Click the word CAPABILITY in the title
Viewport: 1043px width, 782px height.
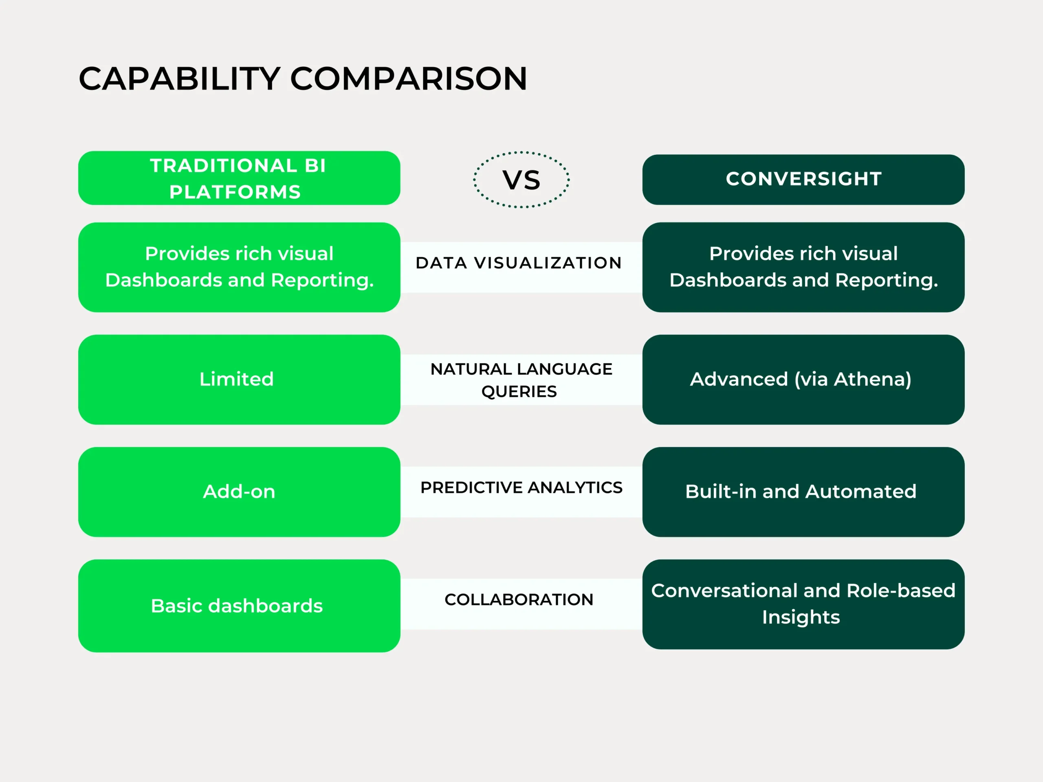pos(180,79)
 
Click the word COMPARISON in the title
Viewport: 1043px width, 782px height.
pos(408,79)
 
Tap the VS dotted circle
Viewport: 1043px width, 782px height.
pos(521,180)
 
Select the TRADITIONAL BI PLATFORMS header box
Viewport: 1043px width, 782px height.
pos(239,178)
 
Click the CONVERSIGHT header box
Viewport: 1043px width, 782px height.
pos(803,180)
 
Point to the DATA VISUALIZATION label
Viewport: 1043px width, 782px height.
pos(519,263)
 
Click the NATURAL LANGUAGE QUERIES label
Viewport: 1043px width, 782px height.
pos(521,380)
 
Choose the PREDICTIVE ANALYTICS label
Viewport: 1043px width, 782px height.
pos(521,488)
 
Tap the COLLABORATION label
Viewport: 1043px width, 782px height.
pos(519,600)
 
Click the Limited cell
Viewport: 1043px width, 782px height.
pos(239,380)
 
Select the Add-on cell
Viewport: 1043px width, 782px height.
pos(239,492)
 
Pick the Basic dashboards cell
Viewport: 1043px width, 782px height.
pos(239,606)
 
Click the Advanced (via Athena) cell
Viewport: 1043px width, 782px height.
pos(803,380)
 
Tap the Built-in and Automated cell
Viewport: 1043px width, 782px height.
pos(803,492)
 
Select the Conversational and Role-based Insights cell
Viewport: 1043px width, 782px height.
pos(803,604)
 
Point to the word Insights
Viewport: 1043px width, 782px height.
pos(801,617)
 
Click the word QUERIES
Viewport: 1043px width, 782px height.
pos(519,392)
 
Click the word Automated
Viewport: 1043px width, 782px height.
pos(861,492)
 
